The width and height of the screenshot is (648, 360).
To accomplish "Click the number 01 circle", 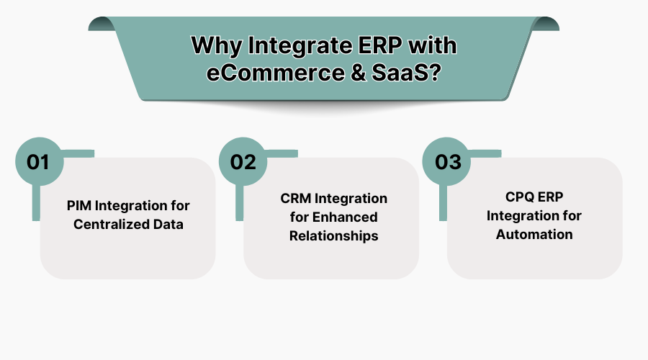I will (38, 162).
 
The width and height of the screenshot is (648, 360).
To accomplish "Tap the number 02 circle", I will (243, 162).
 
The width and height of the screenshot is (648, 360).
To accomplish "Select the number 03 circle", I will (447, 162).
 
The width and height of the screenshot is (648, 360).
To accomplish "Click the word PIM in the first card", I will (76, 206).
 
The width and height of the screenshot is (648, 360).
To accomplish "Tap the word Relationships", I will (333, 235).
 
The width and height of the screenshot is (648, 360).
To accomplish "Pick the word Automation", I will (534, 234).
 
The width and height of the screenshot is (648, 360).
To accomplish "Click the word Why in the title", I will (216, 47).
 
